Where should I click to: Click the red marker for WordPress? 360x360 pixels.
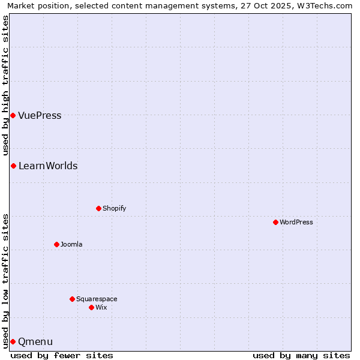tap(275, 222)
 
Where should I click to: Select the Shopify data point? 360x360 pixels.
tap(98, 208)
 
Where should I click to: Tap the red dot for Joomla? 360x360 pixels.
tap(56, 244)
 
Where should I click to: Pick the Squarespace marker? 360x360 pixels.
tap(72, 299)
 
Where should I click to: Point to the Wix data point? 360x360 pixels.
tap(91, 307)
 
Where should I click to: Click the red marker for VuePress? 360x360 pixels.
tap(13, 115)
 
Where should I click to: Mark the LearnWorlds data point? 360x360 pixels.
tap(13, 166)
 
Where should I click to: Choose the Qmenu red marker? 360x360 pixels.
tap(13, 341)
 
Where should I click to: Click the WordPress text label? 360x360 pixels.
tap(296, 222)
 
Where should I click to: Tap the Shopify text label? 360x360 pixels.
tap(114, 208)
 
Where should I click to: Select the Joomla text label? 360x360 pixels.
tap(71, 244)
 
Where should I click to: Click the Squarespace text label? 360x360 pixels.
tap(97, 299)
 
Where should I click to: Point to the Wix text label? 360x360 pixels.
tap(101, 307)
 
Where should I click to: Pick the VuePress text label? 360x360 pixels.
tap(40, 115)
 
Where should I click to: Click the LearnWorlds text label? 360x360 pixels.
tap(48, 166)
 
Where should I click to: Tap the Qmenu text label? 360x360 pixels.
tap(35, 341)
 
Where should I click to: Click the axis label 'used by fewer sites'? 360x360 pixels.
tap(62, 355)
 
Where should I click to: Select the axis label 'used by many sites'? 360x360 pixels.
tap(301, 355)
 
